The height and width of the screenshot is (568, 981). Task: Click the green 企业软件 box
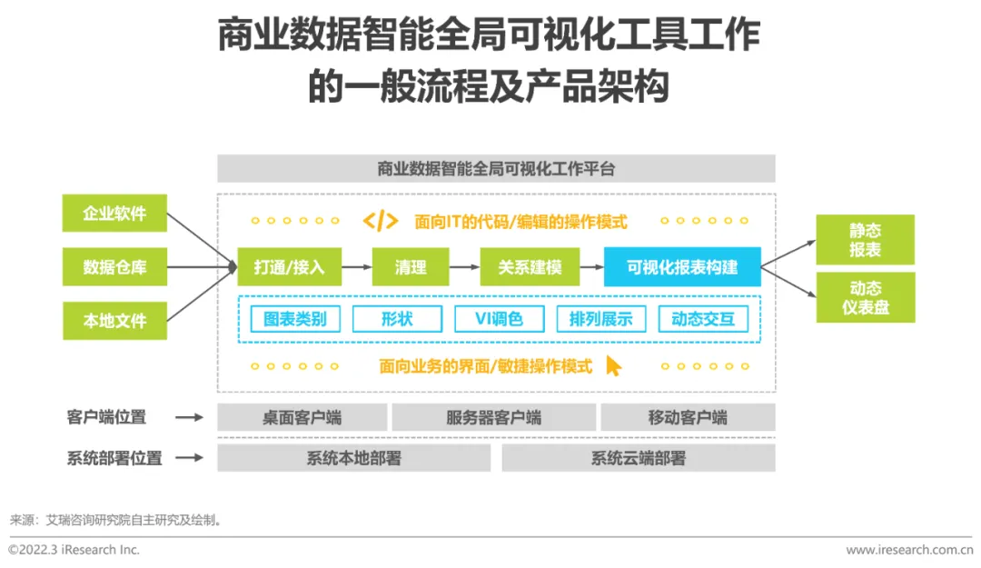pyautogui.click(x=114, y=214)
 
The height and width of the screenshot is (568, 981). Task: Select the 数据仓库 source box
pyautogui.click(x=114, y=267)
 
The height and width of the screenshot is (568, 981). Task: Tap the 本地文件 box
pyautogui.click(x=114, y=320)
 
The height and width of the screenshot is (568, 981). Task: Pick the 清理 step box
pyautogui.click(x=411, y=267)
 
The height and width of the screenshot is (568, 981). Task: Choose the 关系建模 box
pyautogui.click(x=530, y=267)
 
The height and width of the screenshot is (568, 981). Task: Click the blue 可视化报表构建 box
pyautogui.click(x=682, y=267)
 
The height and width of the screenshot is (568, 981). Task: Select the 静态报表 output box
pyautogui.click(x=865, y=240)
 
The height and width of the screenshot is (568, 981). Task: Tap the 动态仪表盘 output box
pyautogui.click(x=865, y=297)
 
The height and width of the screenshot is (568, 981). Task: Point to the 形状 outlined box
pyautogui.click(x=397, y=319)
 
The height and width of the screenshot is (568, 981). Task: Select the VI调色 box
pyautogui.click(x=499, y=319)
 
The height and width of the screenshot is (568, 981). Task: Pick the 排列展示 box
pyautogui.click(x=600, y=319)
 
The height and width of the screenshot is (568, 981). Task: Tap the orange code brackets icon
pyautogui.click(x=380, y=221)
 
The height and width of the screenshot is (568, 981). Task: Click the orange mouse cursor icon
pyautogui.click(x=614, y=365)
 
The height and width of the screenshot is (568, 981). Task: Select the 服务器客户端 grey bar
pyautogui.click(x=494, y=418)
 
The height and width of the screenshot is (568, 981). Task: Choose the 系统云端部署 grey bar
pyautogui.click(x=638, y=458)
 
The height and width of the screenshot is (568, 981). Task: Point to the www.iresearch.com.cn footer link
pyautogui.click(x=908, y=550)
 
